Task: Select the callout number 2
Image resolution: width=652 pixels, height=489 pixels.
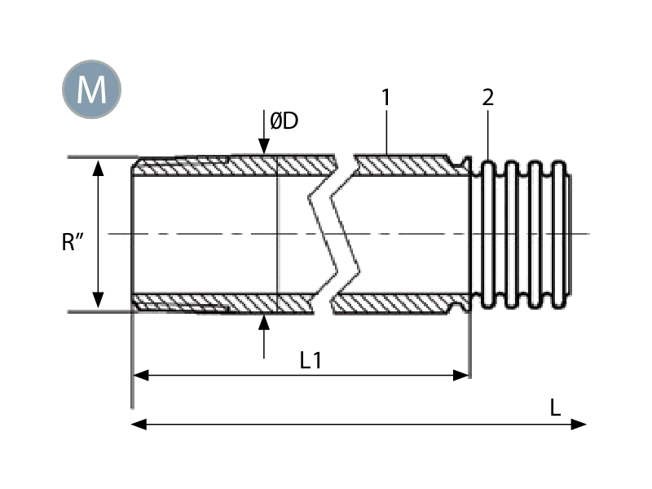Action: (x=487, y=97)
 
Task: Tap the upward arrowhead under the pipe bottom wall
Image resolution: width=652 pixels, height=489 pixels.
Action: (x=263, y=323)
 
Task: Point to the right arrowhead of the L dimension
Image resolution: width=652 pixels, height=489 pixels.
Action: (x=579, y=424)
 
